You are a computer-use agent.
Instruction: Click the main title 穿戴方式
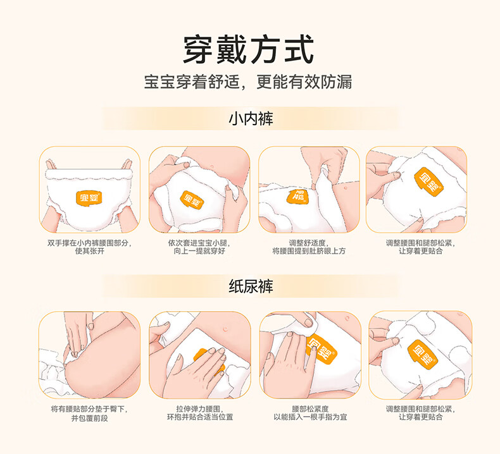pos(248,50)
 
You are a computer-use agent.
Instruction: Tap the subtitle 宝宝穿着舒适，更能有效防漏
pos(248,82)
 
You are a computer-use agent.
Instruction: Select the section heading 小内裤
pos(251,118)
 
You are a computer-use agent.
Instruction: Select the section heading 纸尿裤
pos(251,286)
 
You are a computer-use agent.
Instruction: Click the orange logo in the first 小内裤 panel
pos(89,199)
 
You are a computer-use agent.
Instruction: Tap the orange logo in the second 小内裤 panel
pos(192,199)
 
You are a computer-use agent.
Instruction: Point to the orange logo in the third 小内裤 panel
pos(297,196)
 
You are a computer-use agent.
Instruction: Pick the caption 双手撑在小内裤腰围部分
pos(89,243)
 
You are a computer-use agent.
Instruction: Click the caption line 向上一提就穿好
pos(199,251)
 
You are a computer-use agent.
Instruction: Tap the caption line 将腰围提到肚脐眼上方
pos(309,251)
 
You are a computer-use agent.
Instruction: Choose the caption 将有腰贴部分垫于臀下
pos(89,409)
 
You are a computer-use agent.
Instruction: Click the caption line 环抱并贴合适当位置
pos(200,417)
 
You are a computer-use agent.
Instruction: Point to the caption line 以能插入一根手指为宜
pos(310,417)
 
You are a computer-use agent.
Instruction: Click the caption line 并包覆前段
pos(89,418)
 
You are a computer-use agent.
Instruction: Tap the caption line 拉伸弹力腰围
pos(200,409)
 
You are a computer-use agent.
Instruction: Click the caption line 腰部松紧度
pos(310,409)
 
